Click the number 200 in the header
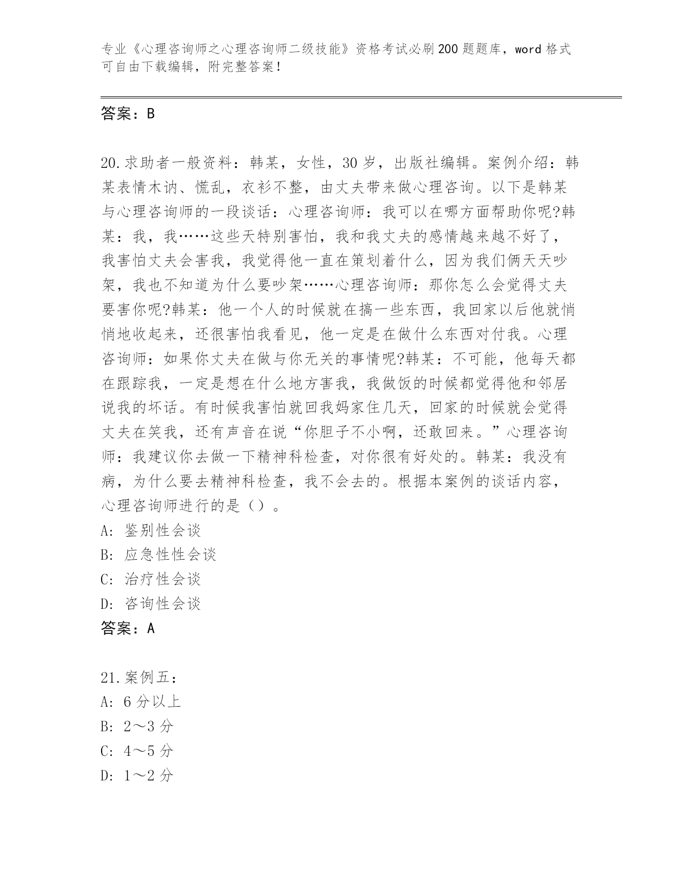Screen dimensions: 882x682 click(x=447, y=50)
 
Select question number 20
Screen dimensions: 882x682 click(x=111, y=163)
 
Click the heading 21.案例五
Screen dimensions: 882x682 click(x=139, y=678)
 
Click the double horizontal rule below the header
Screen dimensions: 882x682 click(x=361, y=97)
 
